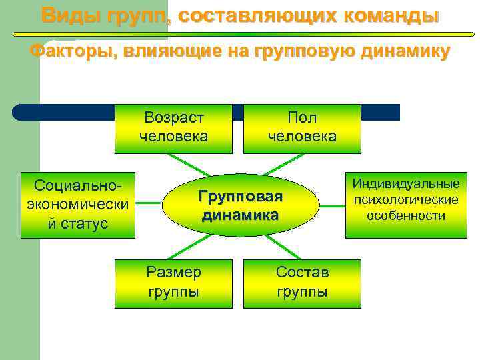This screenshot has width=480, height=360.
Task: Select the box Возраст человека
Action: click(173, 128)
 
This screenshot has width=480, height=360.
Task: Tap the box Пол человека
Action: click(302, 128)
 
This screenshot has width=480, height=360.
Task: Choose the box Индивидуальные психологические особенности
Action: click(406, 199)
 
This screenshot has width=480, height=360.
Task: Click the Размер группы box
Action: click(173, 283)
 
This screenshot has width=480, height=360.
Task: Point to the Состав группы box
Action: click(302, 283)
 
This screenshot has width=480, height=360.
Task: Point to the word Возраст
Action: click(174, 119)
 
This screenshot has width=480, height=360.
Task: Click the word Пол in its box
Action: click(302, 119)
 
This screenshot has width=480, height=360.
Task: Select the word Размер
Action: click(173, 273)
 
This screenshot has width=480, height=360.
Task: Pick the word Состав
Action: click(302, 273)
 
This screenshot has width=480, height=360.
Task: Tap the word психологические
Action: click(406, 199)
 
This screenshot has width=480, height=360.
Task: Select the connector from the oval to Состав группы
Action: click(283, 246)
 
